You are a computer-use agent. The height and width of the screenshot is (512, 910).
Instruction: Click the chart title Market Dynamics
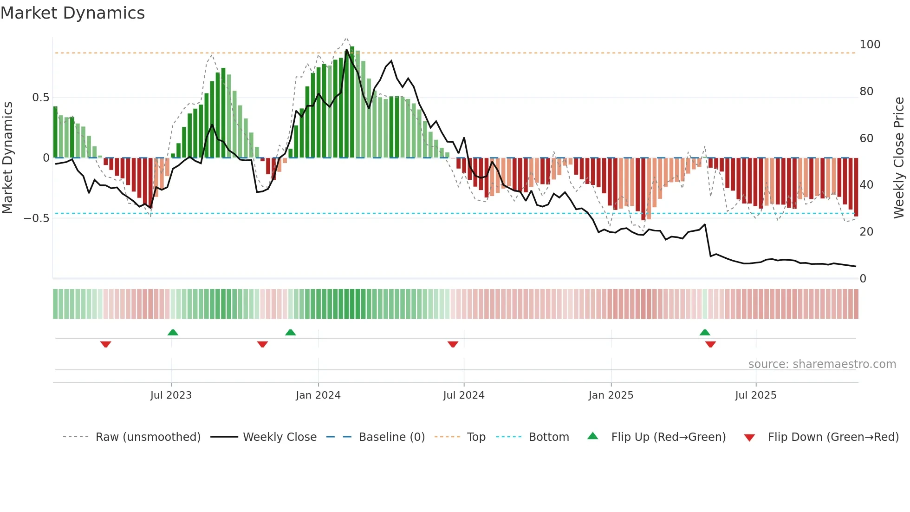pos(73,13)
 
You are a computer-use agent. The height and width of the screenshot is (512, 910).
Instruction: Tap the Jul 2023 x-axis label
pos(171,395)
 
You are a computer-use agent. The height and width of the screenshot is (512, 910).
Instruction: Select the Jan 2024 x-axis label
pos(318,395)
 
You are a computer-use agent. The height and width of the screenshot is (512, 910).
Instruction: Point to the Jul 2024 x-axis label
pos(464,395)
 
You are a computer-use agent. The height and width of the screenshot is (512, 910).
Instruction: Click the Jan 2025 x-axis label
pos(611,395)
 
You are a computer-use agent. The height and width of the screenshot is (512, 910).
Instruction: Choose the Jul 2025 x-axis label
pos(755,395)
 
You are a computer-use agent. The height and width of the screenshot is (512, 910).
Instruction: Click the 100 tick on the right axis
pos(870,45)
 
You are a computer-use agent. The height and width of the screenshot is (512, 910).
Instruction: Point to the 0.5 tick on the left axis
pos(40,98)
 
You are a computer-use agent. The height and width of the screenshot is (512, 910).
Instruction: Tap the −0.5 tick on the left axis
pos(37,218)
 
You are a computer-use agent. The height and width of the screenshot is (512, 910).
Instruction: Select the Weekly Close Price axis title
pos(899,158)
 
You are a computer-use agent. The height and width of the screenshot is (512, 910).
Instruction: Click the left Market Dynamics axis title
pos(7,158)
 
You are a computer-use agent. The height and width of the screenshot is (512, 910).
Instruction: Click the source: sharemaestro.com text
pos(822,364)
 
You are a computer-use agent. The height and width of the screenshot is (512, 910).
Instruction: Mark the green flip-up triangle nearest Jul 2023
pos(173,332)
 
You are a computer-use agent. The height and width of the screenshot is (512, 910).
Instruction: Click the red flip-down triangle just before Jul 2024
pos(453,344)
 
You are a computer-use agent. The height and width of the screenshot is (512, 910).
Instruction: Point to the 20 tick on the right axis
pos(866,232)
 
